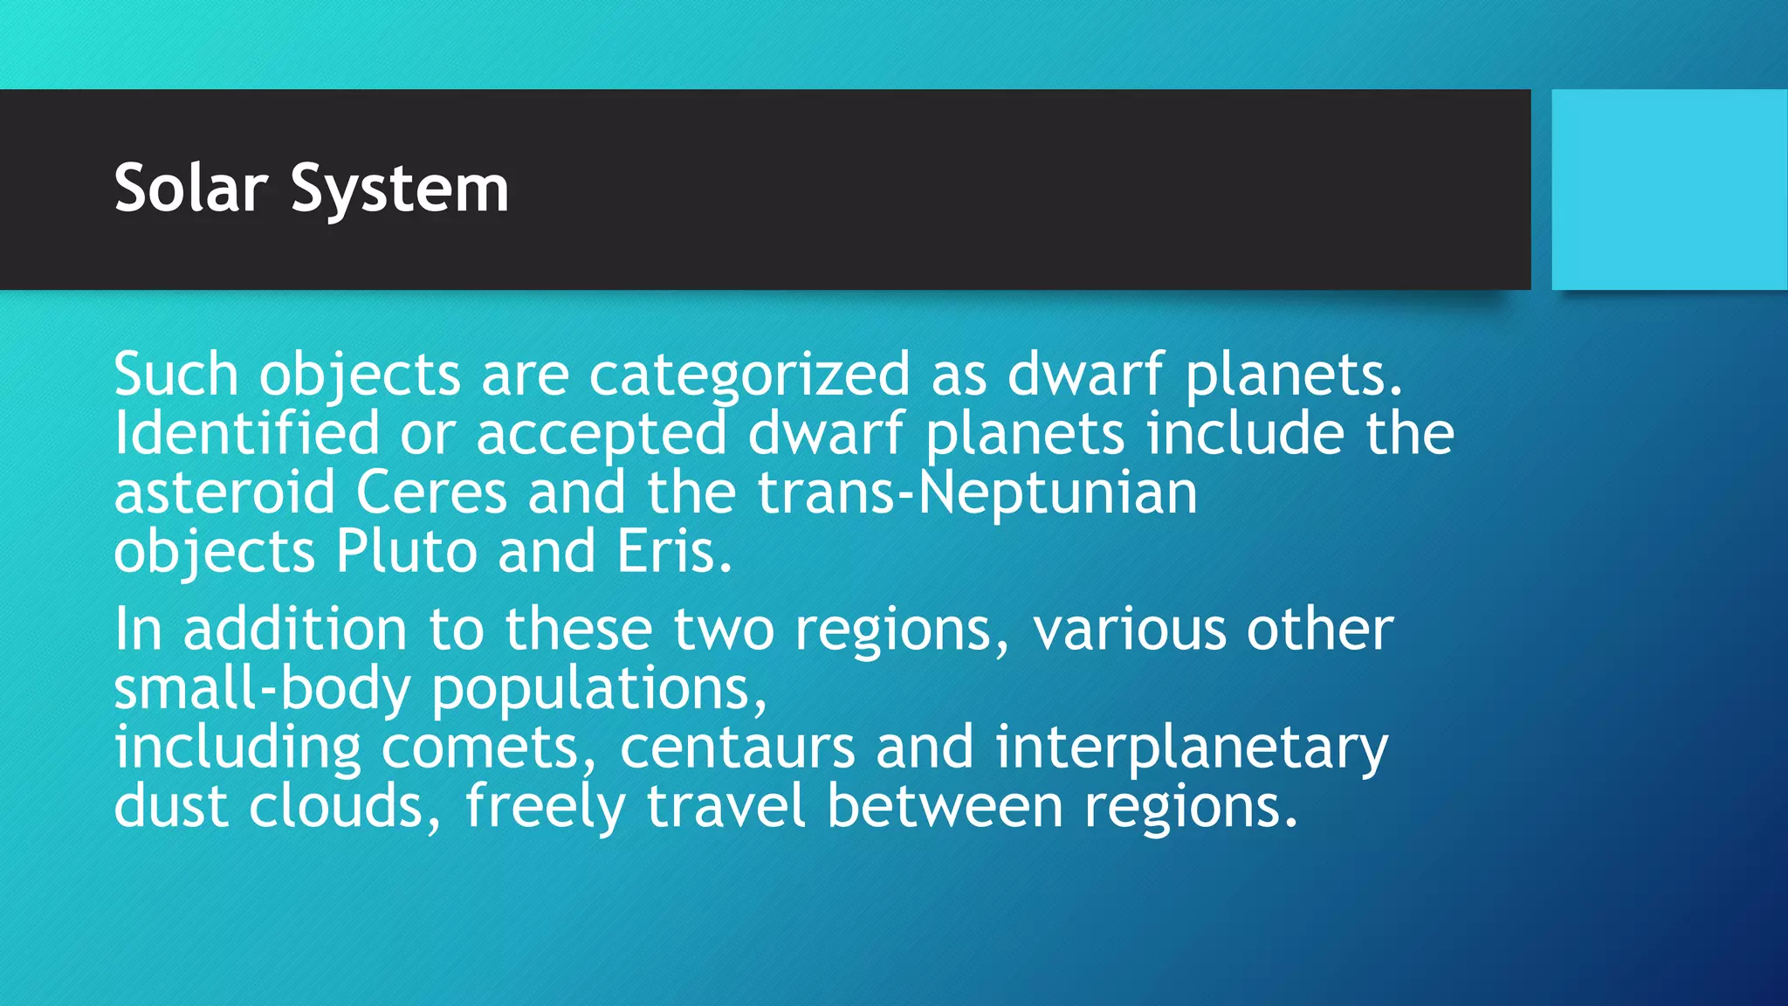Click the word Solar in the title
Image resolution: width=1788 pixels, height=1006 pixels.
190,189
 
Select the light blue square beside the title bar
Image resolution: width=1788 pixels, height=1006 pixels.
1669,189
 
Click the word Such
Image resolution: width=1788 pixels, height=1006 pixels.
175,375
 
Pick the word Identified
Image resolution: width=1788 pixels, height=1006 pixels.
247,433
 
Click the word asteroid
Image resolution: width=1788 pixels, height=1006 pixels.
224,493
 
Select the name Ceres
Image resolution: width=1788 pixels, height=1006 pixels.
431,493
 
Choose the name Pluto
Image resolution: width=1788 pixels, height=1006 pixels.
406,552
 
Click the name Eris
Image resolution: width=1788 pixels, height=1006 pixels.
673,552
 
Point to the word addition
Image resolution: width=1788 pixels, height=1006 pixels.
295,630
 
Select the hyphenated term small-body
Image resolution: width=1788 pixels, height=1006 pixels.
262,690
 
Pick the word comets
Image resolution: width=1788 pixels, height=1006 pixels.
488,748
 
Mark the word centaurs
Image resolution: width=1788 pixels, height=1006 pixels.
737,748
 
